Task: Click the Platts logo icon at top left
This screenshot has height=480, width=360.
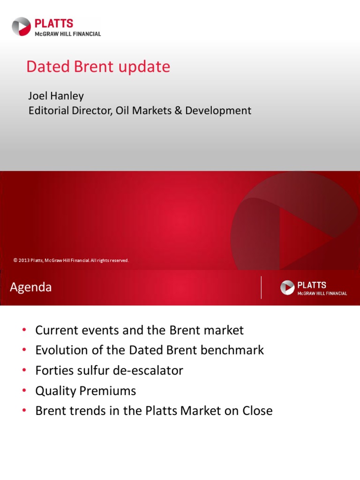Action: pyautogui.click(x=21, y=26)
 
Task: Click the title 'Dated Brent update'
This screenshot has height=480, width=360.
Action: pyautogui.click(x=98, y=67)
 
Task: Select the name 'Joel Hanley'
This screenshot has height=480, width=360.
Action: pyautogui.click(x=56, y=96)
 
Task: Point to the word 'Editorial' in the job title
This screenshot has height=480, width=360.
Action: pyautogui.click(x=47, y=111)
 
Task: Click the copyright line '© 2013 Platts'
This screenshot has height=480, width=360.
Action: pyautogui.click(x=71, y=260)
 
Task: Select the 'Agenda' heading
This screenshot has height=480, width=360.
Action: pyautogui.click(x=31, y=287)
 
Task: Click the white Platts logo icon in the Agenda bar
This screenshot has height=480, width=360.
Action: pyautogui.click(x=287, y=287)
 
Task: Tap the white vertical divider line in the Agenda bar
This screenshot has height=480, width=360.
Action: pyautogui.click(x=261, y=287)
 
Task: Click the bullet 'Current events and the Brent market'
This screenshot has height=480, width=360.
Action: pyautogui.click(x=139, y=330)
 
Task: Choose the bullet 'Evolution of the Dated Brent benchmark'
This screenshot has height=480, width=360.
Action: pyautogui.click(x=150, y=350)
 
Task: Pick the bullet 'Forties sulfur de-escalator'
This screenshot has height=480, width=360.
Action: pyautogui.click(x=109, y=370)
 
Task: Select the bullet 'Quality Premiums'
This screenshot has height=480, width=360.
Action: pyautogui.click(x=85, y=390)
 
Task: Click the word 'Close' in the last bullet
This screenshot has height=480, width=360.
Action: pyautogui.click(x=257, y=411)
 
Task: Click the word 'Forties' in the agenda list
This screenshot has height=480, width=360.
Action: pyautogui.click(x=52, y=370)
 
